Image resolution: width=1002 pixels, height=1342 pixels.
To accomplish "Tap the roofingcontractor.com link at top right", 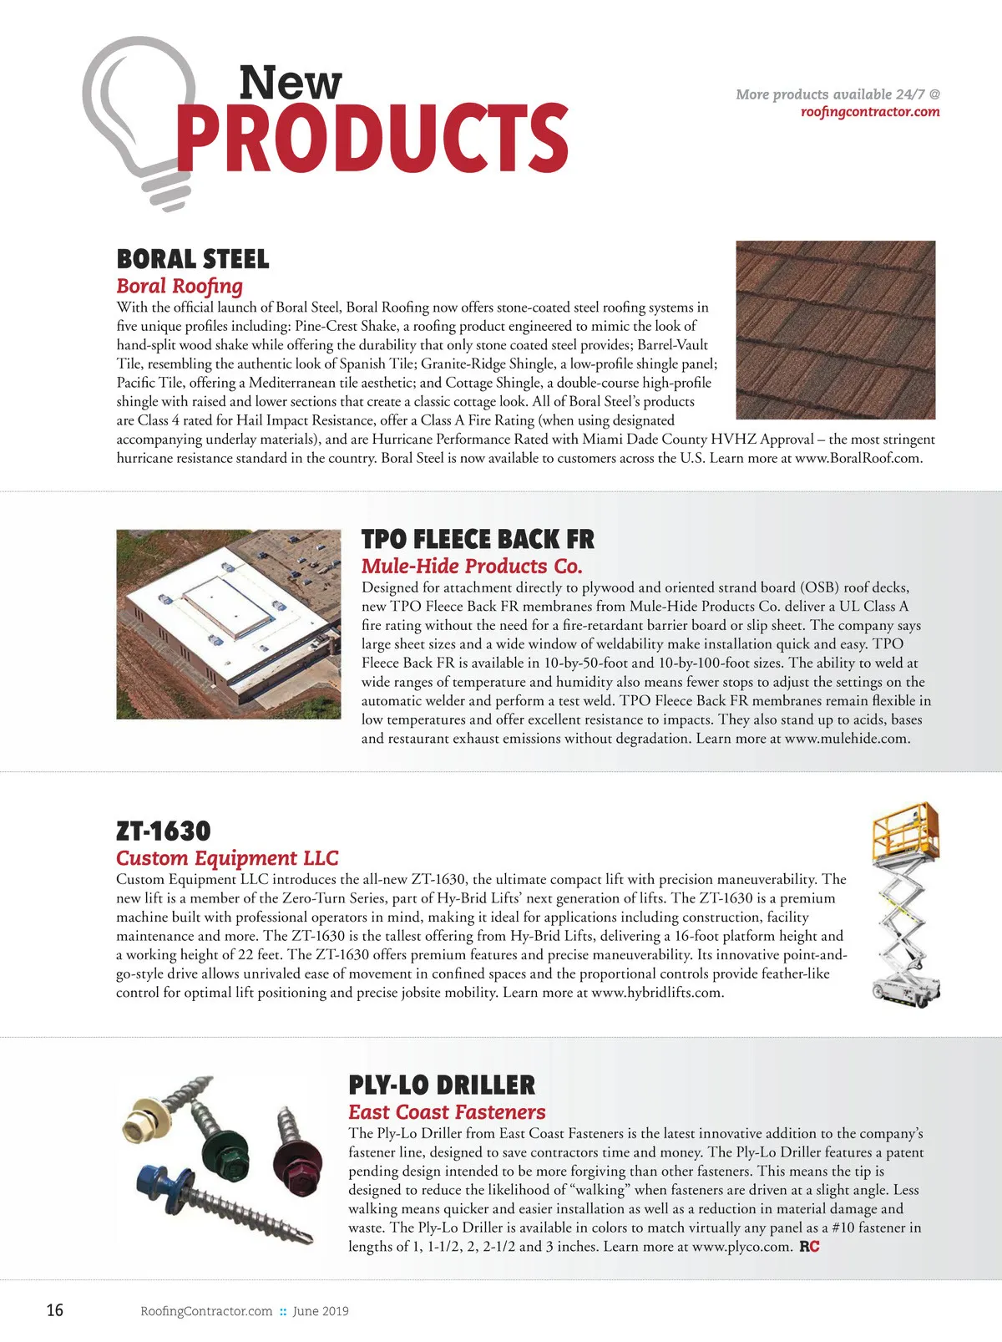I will [x=869, y=112].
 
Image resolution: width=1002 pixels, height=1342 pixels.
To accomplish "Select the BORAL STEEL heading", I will [x=193, y=259].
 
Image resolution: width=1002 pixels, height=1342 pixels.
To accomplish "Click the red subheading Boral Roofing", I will [x=180, y=286].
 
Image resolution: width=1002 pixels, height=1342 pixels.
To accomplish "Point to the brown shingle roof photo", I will [x=835, y=329].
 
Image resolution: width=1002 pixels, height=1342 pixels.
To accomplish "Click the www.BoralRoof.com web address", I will [x=858, y=458].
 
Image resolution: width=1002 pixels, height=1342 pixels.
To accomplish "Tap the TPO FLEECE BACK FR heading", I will [x=478, y=539].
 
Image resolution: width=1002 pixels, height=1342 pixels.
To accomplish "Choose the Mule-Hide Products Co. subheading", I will [x=472, y=567].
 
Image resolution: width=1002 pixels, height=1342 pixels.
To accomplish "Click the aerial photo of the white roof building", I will [x=229, y=623].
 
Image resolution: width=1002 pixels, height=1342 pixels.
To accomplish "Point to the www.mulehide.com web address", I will [x=847, y=739].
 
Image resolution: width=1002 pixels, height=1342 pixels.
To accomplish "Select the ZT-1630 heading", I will [x=164, y=831].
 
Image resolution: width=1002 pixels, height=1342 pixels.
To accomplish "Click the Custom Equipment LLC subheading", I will [x=227, y=858].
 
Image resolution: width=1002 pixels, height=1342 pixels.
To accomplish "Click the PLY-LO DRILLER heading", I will [x=442, y=1085].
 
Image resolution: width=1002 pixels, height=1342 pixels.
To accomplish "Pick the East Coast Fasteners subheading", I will [x=447, y=1112].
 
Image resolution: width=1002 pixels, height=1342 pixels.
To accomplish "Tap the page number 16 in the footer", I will [x=54, y=1310].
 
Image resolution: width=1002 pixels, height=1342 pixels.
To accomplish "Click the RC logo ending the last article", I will [x=809, y=1247].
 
